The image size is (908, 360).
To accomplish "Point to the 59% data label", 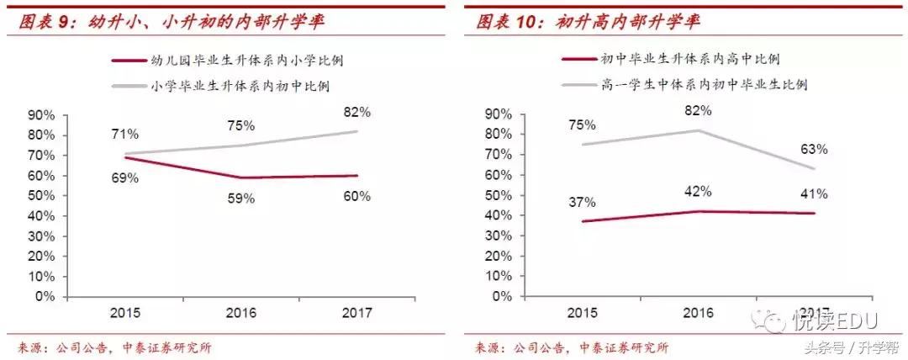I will (x=243, y=200).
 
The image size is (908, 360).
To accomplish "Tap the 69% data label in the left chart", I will (x=125, y=179).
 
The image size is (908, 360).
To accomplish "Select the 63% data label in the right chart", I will (x=814, y=149).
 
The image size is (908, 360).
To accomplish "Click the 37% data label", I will (x=583, y=202).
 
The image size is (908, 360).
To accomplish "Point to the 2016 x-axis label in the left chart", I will (x=243, y=312).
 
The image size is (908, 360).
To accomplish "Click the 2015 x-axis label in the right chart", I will (x=582, y=312).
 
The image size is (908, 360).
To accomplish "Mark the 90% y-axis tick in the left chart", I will (x=42, y=114).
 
